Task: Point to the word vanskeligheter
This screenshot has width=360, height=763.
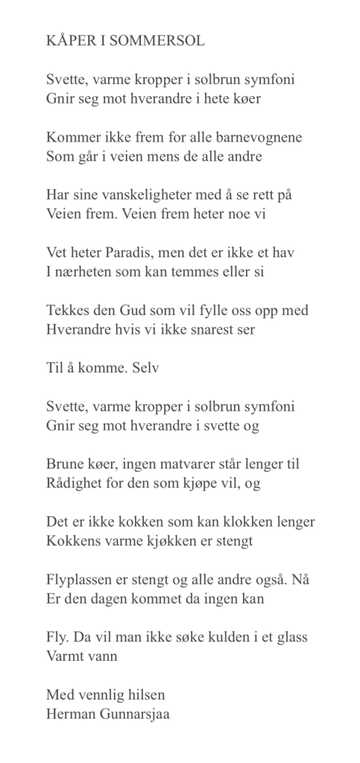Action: [x=139, y=195]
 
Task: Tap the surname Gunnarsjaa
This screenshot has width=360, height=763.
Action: [x=142, y=712]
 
